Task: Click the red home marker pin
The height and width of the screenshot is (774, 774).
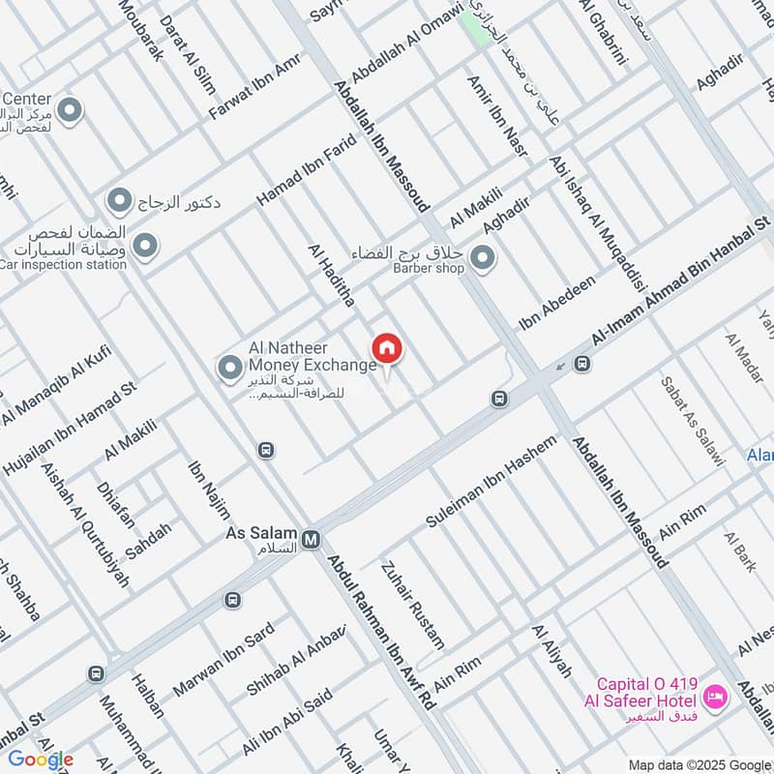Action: [x=387, y=348]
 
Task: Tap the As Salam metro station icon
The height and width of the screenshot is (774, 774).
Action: [x=311, y=540]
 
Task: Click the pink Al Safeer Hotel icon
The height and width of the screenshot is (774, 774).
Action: [x=715, y=696]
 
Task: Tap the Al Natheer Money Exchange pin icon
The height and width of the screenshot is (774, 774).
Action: [x=230, y=368]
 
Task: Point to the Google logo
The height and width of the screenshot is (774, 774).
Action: [x=41, y=759]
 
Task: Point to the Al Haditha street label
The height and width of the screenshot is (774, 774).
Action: [x=331, y=276]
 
